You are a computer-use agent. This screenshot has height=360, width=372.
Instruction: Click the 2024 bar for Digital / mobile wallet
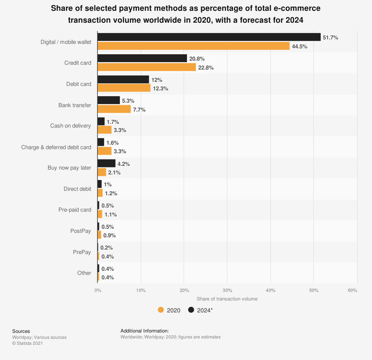pos(209,37)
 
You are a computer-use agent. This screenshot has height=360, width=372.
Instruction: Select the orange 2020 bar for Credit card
pos(147,67)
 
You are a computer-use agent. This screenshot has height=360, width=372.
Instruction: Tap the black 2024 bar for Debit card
pos(123,80)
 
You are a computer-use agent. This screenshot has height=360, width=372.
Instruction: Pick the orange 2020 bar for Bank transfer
pos(114,109)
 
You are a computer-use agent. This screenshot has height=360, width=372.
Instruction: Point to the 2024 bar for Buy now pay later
pos(106,163)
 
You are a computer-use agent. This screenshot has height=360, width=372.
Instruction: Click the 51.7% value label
pos(330,38)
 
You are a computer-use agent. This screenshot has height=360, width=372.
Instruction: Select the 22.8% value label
pos(206,68)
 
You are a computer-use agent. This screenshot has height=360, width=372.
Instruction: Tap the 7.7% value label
pos(139,110)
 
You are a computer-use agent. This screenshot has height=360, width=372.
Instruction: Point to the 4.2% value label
pos(124,164)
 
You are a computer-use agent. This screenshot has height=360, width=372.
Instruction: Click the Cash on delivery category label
pos(70,126)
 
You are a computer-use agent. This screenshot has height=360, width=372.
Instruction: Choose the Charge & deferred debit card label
pos(56,147)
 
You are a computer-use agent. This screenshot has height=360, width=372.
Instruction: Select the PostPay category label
pos(80,231)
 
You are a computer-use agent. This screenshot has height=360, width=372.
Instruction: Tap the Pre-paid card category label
pos(75,210)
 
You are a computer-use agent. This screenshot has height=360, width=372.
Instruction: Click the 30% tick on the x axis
pos(227,290)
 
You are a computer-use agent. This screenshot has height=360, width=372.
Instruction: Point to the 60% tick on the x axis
pos(352,290)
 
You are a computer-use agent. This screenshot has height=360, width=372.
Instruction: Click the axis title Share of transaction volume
pos(227,299)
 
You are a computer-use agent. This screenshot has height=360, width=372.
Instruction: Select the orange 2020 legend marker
pos(161,310)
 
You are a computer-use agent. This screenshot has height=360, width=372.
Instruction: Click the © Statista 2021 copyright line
pos(28,343)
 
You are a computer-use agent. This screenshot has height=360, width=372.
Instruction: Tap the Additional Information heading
pos(145,331)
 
